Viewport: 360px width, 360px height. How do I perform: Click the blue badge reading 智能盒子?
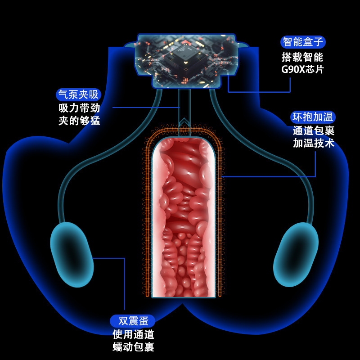click(x=303, y=42)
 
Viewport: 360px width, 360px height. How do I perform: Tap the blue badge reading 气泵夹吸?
click(x=78, y=94)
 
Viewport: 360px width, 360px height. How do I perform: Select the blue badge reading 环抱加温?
click(x=313, y=117)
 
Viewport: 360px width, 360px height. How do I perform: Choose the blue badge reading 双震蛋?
click(x=132, y=321)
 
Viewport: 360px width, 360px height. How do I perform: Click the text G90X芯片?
click(x=302, y=69)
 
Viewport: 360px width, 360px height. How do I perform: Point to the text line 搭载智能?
click(x=302, y=57)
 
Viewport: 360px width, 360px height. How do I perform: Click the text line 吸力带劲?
click(x=79, y=108)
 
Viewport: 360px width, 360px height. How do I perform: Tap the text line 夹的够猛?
click(x=79, y=121)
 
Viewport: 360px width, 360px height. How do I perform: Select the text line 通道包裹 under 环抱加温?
click(x=314, y=131)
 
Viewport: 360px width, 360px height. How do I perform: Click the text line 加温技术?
click(x=314, y=144)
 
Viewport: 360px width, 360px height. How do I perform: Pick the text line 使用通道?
click(x=133, y=334)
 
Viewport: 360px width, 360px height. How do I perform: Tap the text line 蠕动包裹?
click(x=133, y=347)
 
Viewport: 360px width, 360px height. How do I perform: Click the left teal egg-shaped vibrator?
click(x=72, y=254)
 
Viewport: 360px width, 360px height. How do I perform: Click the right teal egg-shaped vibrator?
click(x=296, y=254)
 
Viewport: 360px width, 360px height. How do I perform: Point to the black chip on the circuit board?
click(x=185, y=58)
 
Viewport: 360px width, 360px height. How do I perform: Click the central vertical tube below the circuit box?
click(x=184, y=112)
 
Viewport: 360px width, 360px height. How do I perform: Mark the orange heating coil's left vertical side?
click(x=147, y=216)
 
